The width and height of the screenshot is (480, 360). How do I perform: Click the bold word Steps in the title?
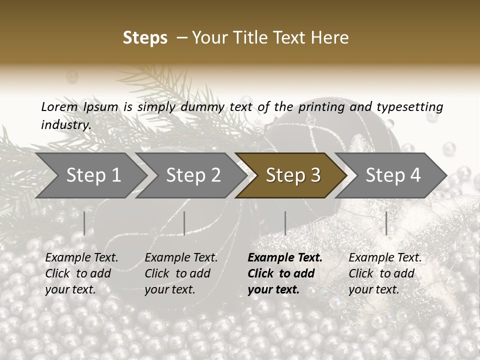coord(145,38)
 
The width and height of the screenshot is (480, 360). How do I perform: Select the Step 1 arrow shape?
coord(92,175)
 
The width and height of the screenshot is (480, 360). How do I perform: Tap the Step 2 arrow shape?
coord(192,175)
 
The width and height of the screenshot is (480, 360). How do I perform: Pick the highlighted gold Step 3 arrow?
coord(292,175)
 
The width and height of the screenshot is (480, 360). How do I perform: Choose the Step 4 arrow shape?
coord(392,175)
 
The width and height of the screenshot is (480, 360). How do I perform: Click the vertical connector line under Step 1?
coord(84,223)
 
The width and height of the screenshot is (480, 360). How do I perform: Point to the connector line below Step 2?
coord(184,223)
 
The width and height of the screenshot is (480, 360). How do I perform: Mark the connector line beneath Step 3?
coord(285,223)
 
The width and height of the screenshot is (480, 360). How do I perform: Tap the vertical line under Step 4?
coord(386,223)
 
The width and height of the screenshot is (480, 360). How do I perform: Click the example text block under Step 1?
coord(81,273)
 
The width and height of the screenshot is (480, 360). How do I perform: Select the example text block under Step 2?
coord(181,273)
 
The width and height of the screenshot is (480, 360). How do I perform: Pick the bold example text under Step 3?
coord(285,273)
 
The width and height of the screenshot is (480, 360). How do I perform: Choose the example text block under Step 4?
coord(385,273)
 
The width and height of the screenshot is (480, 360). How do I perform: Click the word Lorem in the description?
coord(59,106)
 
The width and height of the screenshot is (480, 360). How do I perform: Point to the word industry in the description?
coord(66,124)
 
